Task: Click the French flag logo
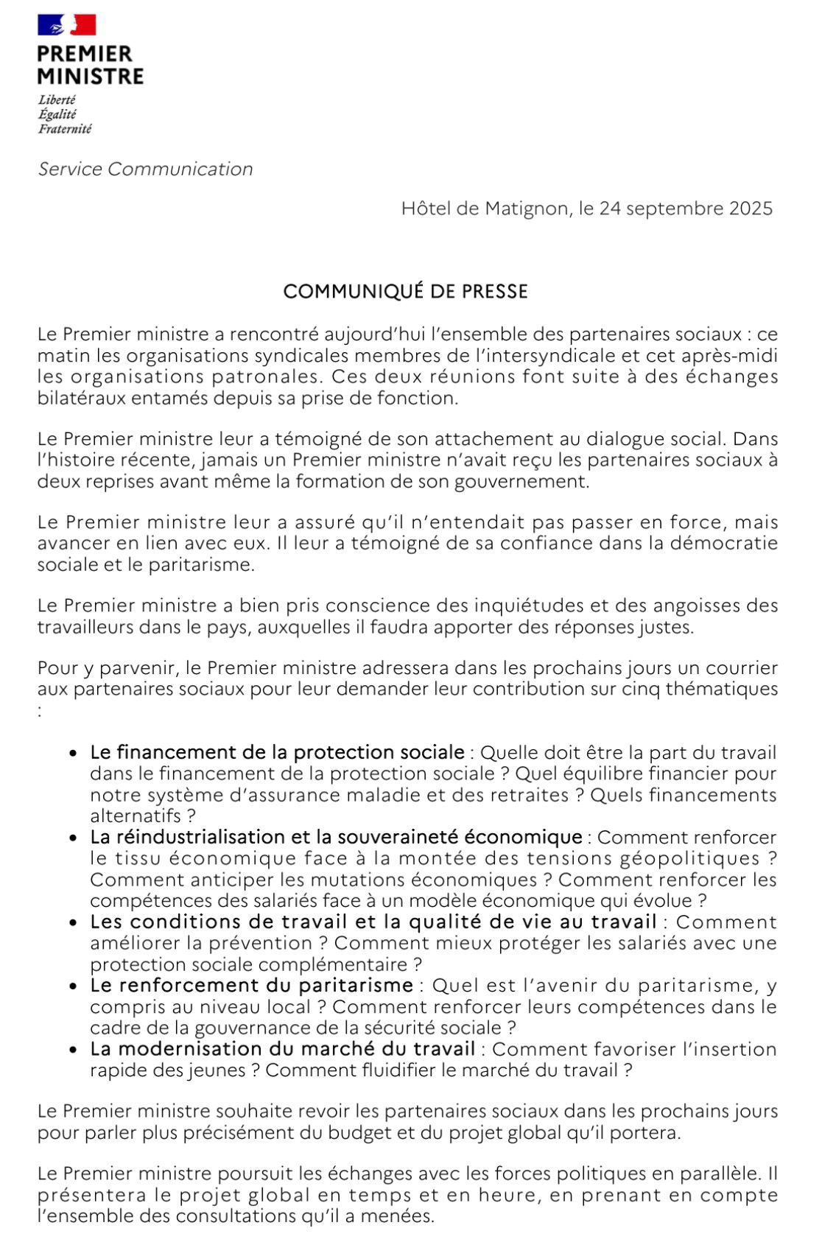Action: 67,25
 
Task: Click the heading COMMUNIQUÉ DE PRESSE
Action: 405,292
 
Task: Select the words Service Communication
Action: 145,169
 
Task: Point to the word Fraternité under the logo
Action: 65,129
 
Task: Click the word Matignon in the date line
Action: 527,208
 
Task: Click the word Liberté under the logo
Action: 57,100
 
